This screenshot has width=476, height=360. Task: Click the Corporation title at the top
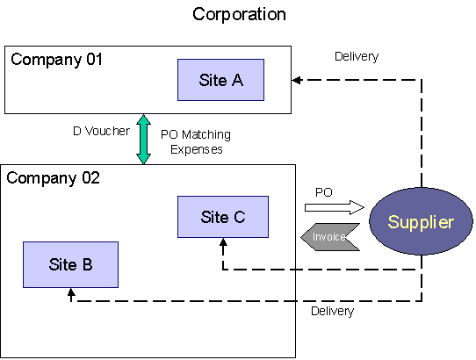(239, 15)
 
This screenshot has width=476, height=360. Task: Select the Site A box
(220, 80)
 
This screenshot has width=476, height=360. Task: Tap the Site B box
(71, 264)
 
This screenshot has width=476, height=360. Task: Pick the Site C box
(223, 217)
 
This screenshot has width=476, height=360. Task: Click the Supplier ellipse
(421, 221)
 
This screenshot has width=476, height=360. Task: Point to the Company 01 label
(56, 60)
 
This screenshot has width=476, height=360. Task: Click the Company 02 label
(53, 178)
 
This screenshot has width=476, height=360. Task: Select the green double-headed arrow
(143, 140)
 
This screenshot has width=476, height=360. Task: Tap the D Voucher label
(101, 131)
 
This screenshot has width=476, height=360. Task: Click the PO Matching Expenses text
(196, 141)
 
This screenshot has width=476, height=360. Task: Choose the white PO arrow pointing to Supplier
(335, 207)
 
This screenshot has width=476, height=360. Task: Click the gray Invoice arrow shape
(330, 237)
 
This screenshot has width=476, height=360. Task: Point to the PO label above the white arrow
(324, 192)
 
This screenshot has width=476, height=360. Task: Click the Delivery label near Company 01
(357, 57)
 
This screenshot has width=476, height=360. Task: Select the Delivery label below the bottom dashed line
(333, 311)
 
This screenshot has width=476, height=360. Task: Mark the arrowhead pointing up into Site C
(223, 242)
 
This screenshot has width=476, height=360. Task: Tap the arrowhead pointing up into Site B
(71, 292)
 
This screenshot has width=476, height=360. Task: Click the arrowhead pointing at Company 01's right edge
(297, 80)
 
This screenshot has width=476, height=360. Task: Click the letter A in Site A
(237, 80)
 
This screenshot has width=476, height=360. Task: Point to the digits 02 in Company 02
(90, 178)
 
